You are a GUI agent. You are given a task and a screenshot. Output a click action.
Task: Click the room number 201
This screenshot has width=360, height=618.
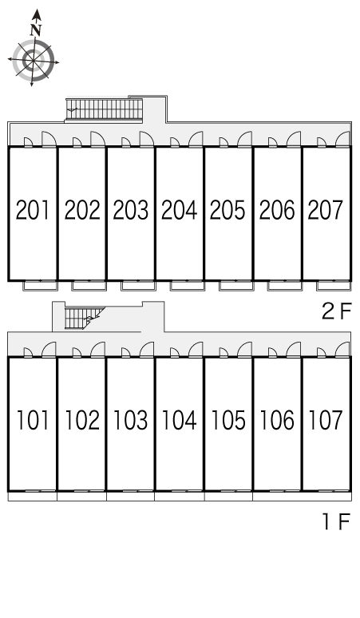click(33, 210)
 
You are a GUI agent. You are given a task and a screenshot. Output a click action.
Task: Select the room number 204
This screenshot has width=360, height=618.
click(180, 210)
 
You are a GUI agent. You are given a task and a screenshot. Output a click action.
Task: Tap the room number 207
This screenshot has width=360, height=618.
click(326, 210)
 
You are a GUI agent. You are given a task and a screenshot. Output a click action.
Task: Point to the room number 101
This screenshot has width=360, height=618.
click(33, 420)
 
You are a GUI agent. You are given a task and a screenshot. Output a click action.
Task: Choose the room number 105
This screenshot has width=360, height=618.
click(228, 420)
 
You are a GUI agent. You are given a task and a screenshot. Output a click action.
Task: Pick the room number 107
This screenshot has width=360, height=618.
click(326, 420)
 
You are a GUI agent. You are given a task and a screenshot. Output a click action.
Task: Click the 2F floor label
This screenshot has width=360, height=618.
click(336, 311)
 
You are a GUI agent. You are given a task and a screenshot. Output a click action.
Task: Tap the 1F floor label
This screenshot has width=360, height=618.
click(337, 522)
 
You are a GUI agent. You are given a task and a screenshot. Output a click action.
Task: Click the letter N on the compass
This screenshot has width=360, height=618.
click(36, 30)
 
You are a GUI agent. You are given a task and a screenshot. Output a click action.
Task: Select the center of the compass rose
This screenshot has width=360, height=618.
click(33, 61)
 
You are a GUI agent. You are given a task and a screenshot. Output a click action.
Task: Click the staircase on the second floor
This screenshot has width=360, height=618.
click(104, 109)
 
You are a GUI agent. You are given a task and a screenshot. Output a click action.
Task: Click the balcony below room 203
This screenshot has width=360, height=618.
click(139, 286)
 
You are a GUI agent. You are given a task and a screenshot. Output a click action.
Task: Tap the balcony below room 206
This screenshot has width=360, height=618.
click(285, 286)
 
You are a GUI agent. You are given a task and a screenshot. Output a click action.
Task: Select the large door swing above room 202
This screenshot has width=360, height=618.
click(98, 139)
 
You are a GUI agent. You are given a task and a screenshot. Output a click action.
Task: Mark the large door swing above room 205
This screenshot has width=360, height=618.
click(244, 139)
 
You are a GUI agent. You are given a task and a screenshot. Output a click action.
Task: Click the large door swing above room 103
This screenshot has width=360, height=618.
click(147, 350)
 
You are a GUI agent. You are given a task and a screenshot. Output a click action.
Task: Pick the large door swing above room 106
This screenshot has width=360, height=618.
click(294, 350)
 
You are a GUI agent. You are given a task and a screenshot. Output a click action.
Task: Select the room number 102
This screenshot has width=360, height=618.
click(82, 420)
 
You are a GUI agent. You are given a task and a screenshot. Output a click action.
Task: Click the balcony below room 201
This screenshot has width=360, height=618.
click(41, 286)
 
